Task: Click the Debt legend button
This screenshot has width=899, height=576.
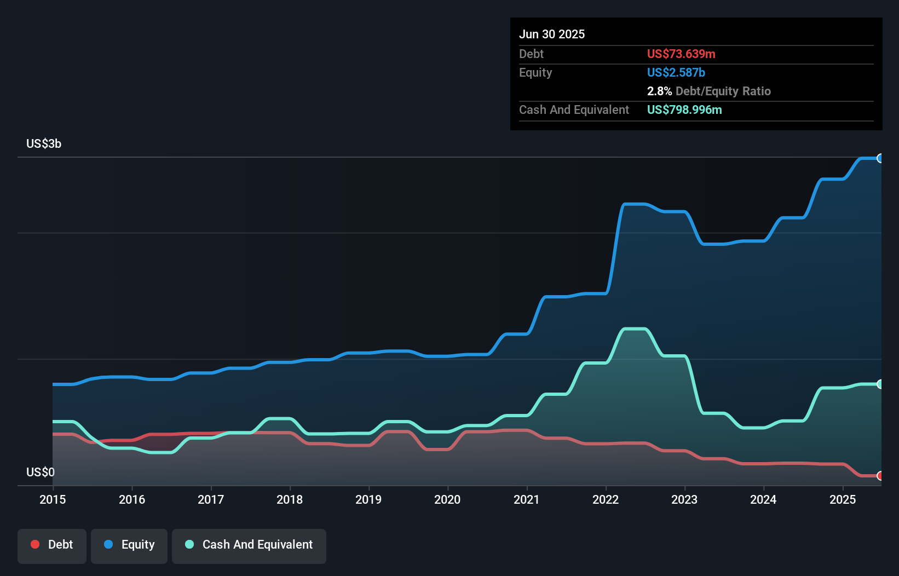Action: tap(52, 545)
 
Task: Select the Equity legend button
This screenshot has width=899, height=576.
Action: tap(129, 545)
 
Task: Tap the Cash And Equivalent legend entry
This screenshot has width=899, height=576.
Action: tap(249, 545)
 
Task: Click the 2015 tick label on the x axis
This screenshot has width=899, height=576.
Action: tap(53, 499)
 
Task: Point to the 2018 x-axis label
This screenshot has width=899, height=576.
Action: tap(290, 499)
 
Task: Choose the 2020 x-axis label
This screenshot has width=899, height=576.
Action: tap(447, 499)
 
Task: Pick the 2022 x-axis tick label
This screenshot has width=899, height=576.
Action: tap(606, 499)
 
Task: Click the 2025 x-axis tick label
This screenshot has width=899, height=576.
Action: tap(843, 499)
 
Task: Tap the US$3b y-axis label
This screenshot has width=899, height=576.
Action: tap(44, 144)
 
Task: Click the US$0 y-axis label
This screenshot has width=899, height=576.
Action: tap(41, 472)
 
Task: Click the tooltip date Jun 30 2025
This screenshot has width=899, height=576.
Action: tap(552, 34)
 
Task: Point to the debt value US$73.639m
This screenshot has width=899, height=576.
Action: tap(681, 54)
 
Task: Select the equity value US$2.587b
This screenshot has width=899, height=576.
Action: tap(676, 72)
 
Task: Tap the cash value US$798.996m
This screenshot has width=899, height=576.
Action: tap(684, 110)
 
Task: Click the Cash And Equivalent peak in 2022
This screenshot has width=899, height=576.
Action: tap(635, 329)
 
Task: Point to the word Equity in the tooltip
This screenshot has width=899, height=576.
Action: tap(535, 72)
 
